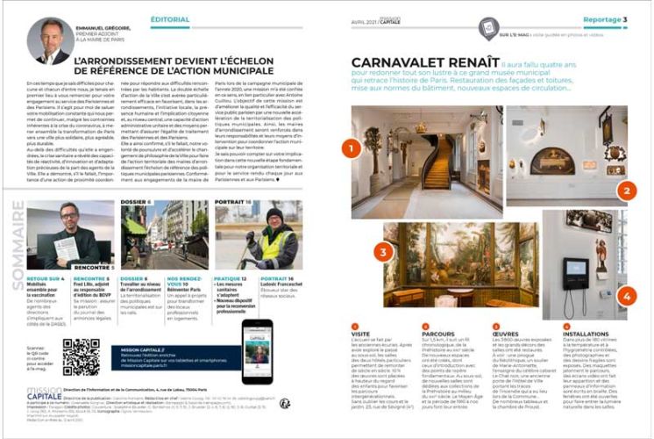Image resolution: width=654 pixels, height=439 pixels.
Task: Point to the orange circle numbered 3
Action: [x=383, y=253]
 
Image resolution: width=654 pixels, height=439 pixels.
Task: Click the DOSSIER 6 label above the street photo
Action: [x=135, y=203]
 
